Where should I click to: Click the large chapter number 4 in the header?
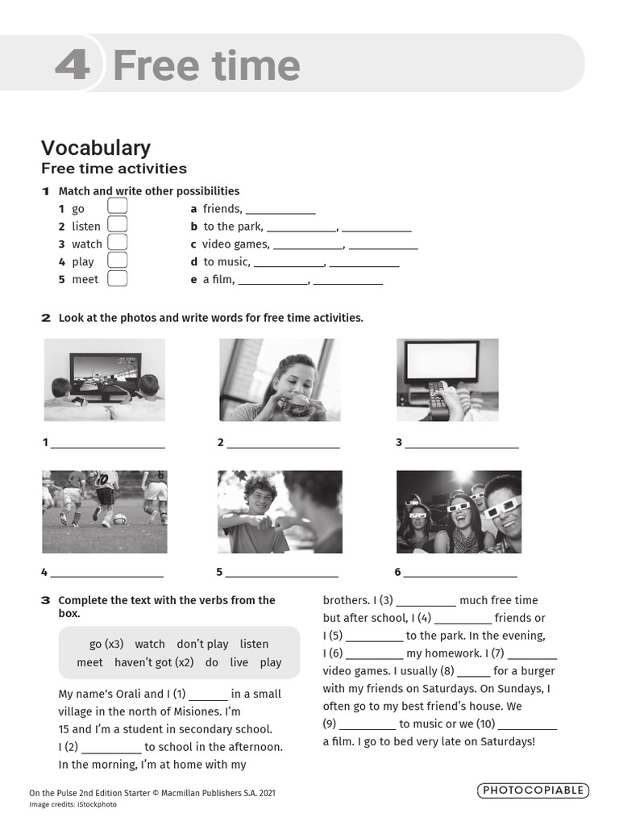point(73,65)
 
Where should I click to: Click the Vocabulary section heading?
point(96,148)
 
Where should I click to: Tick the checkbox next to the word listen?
point(118,225)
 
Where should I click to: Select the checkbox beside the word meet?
point(118,278)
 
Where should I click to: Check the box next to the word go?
point(118,207)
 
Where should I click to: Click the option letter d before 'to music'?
point(194,262)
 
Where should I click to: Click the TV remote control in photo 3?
point(438,400)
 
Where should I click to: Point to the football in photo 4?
point(119,519)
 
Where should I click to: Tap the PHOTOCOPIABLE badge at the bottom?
point(533,791)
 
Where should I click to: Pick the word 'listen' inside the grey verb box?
point(254,644)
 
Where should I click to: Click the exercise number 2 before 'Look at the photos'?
point(46,318)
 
